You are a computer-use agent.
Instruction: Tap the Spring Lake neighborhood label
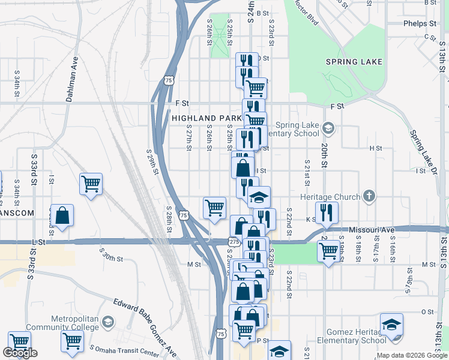[354, 62]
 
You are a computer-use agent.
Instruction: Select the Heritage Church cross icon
[369, 196]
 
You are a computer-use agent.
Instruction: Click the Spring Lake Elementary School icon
[328, 127]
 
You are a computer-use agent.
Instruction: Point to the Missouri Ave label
[372, 230]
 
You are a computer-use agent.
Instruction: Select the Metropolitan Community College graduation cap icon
[107, 322]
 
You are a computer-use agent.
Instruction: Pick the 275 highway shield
[234, 241]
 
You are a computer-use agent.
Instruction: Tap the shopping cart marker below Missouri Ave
[328, 251]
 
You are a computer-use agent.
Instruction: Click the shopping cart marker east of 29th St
[91, 184]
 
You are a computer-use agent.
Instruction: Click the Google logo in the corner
[20, 353]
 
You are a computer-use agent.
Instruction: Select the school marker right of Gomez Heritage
[392, 325]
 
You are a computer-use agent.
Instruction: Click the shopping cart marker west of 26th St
[214, 208]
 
